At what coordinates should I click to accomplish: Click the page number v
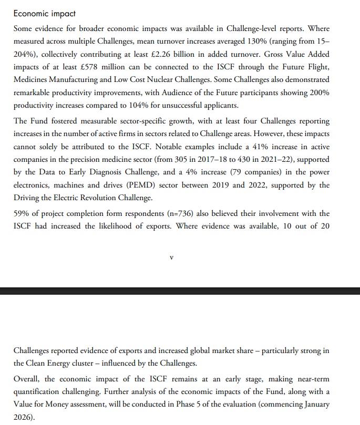pyautogui.click(x=172, y=258)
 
